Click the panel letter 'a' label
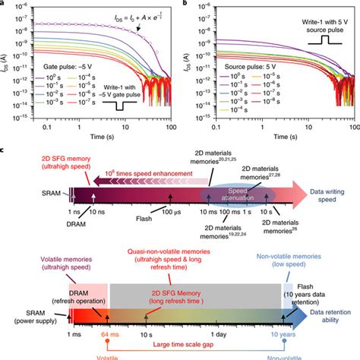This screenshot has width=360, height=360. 4,4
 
